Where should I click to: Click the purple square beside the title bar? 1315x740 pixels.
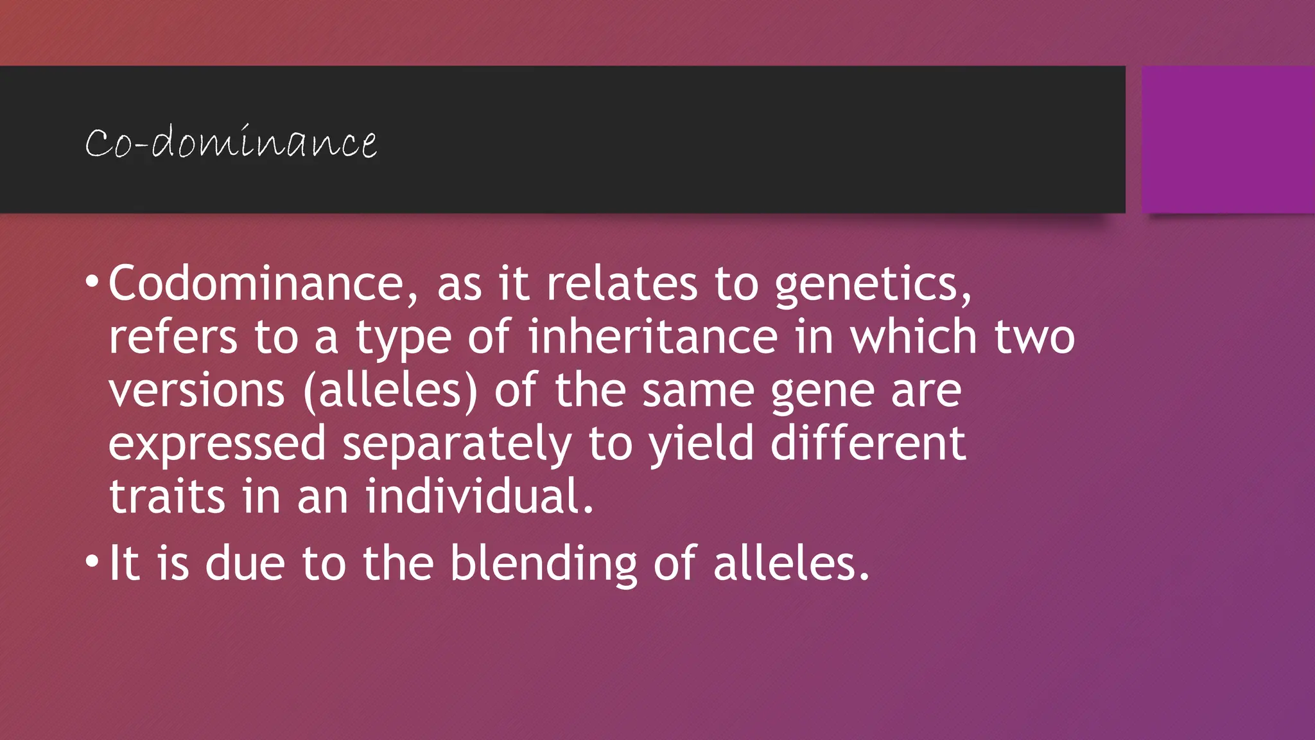[1228, 139]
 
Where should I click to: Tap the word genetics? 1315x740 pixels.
[873, 285]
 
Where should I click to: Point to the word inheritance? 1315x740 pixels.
[652, 337]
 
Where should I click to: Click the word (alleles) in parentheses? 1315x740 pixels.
[390, 391]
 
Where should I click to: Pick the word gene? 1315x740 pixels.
[822, 392]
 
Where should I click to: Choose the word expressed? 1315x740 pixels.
[217, 445]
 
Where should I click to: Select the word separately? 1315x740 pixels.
[457, 445]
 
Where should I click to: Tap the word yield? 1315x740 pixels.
[701, 445]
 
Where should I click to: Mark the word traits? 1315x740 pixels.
[167, 497]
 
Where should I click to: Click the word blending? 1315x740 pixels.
[543, 564]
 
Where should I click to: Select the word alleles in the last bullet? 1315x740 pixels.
[791, 563]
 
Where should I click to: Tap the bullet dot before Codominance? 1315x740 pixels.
[92, 281]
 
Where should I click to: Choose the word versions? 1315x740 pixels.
[196, 391]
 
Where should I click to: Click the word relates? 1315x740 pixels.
[622, 283]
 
